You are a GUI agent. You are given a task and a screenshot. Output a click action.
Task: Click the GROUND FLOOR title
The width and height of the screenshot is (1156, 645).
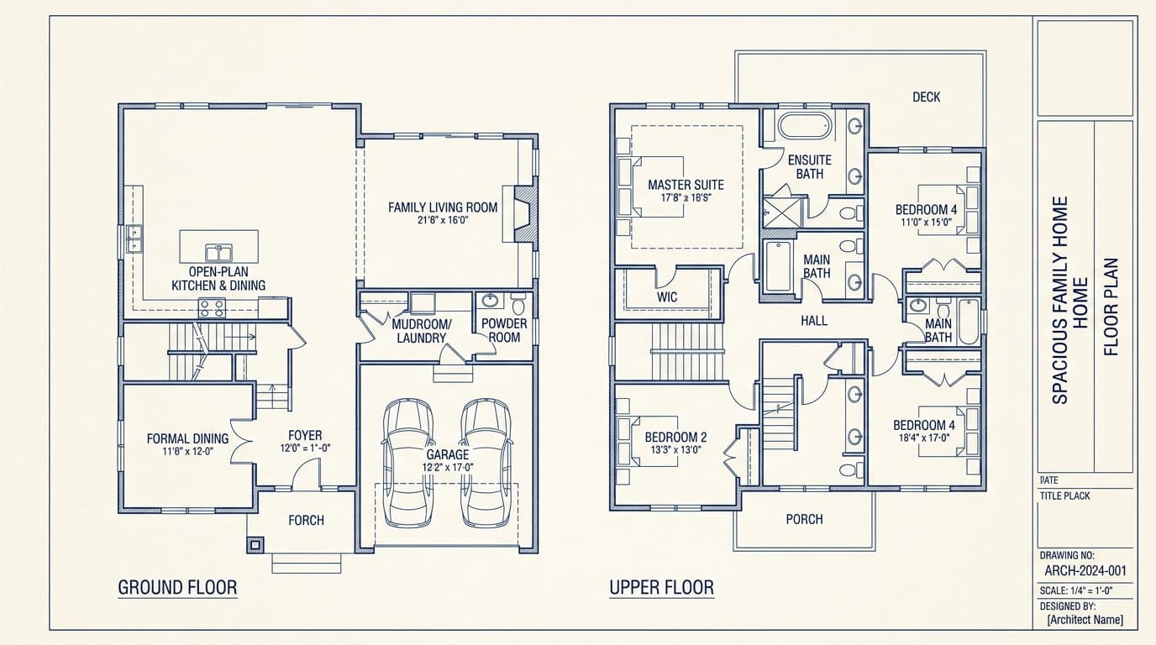pyautogui.click(x=177, y=587)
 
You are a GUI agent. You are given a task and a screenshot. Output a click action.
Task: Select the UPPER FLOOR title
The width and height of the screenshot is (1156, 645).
pyautogui.click(x=661, y=587)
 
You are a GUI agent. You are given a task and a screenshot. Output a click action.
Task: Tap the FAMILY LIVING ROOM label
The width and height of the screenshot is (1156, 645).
pyautogui.click(x=443, y=207)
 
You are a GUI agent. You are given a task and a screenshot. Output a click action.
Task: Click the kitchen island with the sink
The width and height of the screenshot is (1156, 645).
pyautogui.click(x=219, y=248)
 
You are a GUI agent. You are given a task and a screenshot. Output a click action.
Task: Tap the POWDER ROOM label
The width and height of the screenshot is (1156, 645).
pyautogui.click(x=504, y=330)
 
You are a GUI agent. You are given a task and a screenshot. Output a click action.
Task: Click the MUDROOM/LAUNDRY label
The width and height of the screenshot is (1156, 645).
pyautogui.click(x=421, y=331)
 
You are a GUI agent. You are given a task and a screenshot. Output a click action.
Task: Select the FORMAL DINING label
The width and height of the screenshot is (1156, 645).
pyautogui.click(x=187, y=438)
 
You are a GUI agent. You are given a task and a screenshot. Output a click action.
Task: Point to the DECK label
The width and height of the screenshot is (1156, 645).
pyautogui.click(x=926, y=97)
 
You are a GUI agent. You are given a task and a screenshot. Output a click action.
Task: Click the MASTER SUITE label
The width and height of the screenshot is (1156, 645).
pyautogui.click(x=686, y=185)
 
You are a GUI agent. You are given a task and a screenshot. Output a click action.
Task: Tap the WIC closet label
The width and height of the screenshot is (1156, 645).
pyautogui.click(x=667, y=297)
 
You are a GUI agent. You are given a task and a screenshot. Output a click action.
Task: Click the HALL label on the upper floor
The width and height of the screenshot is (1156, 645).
pyautogui.click(x=813, y=320)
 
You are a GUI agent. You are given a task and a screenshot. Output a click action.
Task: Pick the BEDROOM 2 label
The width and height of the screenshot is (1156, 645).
pyautogui.click(x=675, y=438)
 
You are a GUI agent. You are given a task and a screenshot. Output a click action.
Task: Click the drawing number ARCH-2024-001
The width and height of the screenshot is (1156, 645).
pyautogui.click(x=1085, y=571)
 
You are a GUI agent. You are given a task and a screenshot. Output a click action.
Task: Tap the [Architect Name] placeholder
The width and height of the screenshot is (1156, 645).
pyautogui.click(x=1085, y=620)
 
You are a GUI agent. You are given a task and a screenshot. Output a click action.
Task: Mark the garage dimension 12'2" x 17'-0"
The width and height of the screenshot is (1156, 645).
pyautogui.click(x=448, y=467)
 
